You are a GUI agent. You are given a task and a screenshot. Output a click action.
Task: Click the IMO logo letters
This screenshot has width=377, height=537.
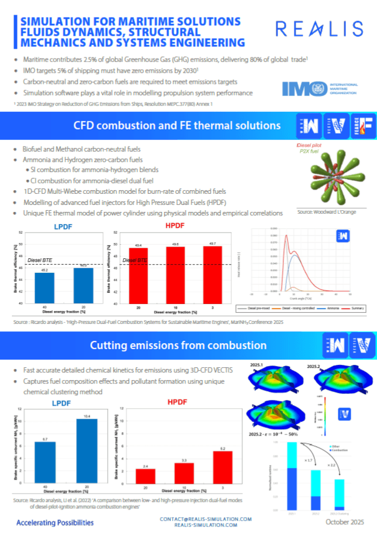(x=301, y=88)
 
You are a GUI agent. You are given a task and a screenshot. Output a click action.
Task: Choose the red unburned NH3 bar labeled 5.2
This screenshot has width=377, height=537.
(x=214, y=467)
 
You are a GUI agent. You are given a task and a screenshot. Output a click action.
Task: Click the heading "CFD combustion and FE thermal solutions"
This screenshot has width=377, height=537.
(x=176, y=125)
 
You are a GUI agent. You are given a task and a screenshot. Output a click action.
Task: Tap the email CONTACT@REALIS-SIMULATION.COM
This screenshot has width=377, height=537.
(x=205, y=519)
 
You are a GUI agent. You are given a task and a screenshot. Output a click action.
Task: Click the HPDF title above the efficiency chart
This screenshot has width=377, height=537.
(x=174, y=225)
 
